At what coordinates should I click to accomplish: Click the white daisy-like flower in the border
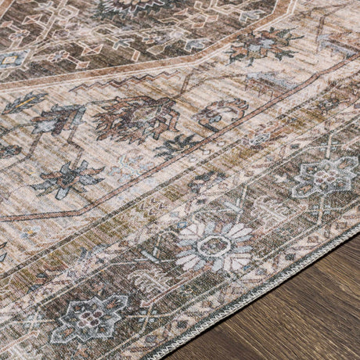coord(213,246)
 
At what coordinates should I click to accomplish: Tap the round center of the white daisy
coord(213,246)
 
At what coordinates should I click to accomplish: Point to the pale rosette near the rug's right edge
coord(325,176)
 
